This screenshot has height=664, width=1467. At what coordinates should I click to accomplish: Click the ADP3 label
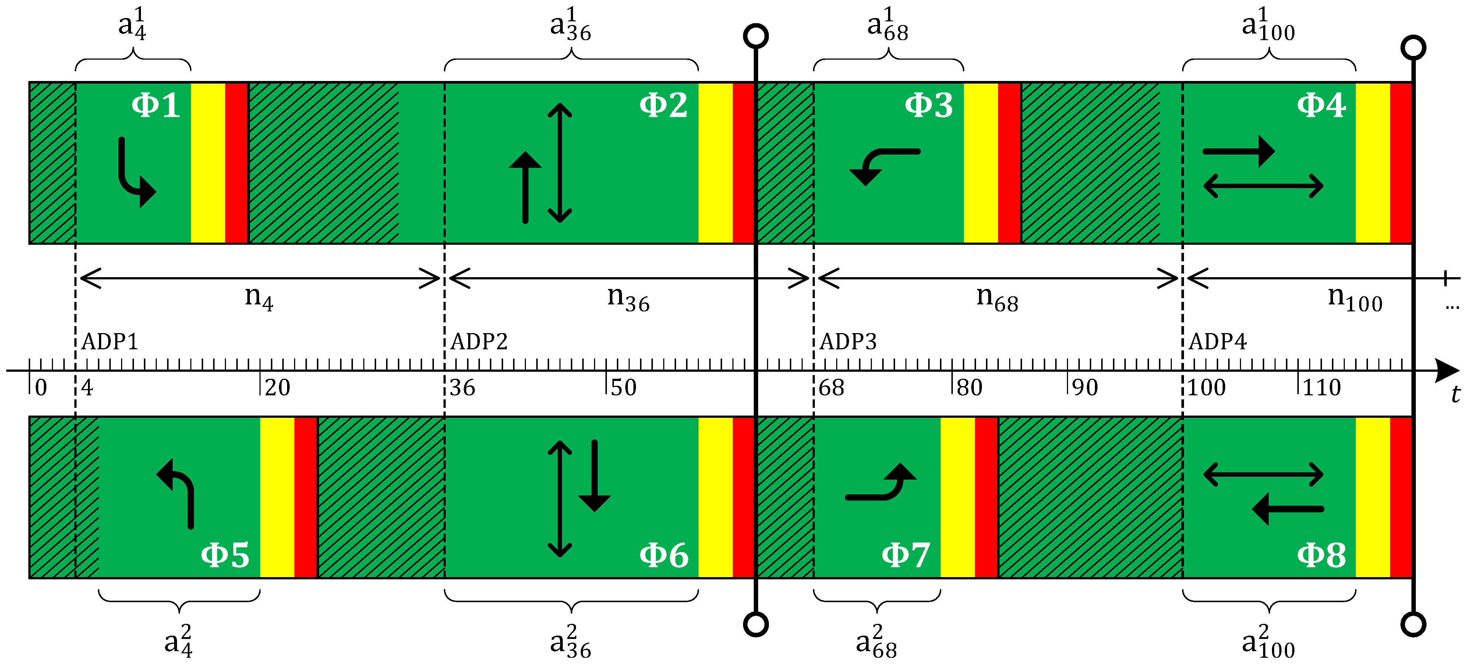[848, 342]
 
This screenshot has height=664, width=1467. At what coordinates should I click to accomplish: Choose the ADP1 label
[110, 342]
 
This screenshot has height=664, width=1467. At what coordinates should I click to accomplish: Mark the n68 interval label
[997, 298]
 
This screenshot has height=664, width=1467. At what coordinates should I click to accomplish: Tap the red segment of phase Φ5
[306, 497]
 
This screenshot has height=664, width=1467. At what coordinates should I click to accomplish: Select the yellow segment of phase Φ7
[957, 497]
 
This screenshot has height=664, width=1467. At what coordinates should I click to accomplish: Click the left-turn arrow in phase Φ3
[883, 166]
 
